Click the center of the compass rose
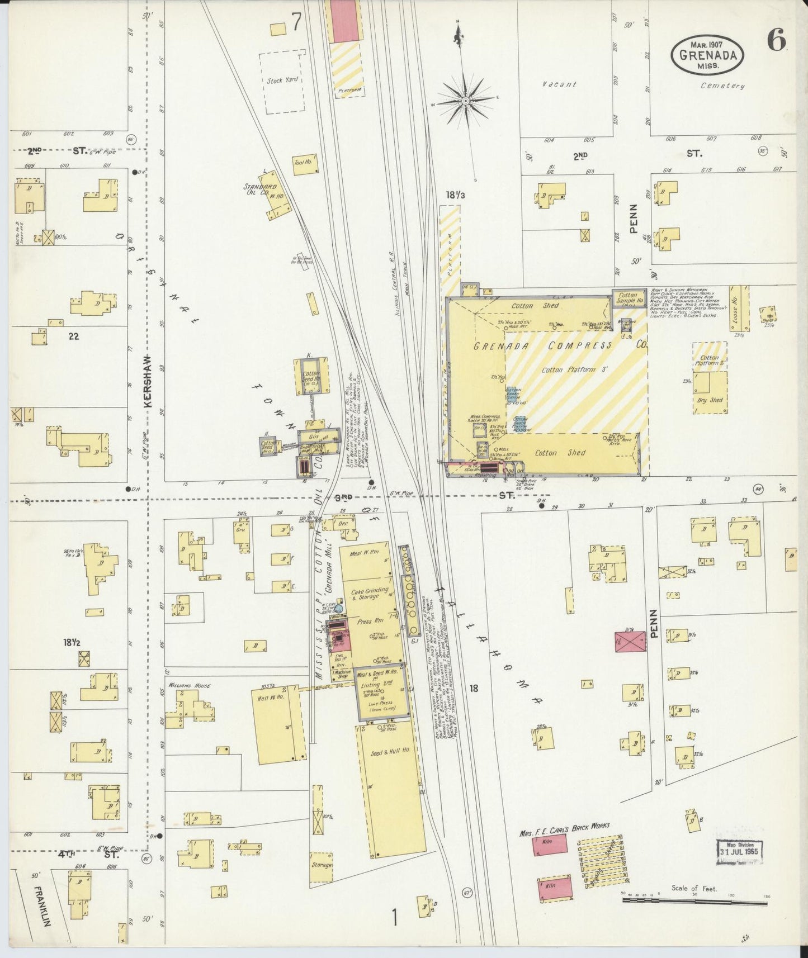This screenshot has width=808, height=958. coord(465,101)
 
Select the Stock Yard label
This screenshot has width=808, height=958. coord(282,80)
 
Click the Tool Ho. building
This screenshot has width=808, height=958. coord(305,164)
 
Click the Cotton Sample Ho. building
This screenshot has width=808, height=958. coord(627,299)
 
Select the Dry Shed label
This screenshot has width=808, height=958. coord(710,400)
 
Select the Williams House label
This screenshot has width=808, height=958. coord(187,685)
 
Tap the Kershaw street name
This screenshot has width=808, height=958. coord(149,385)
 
